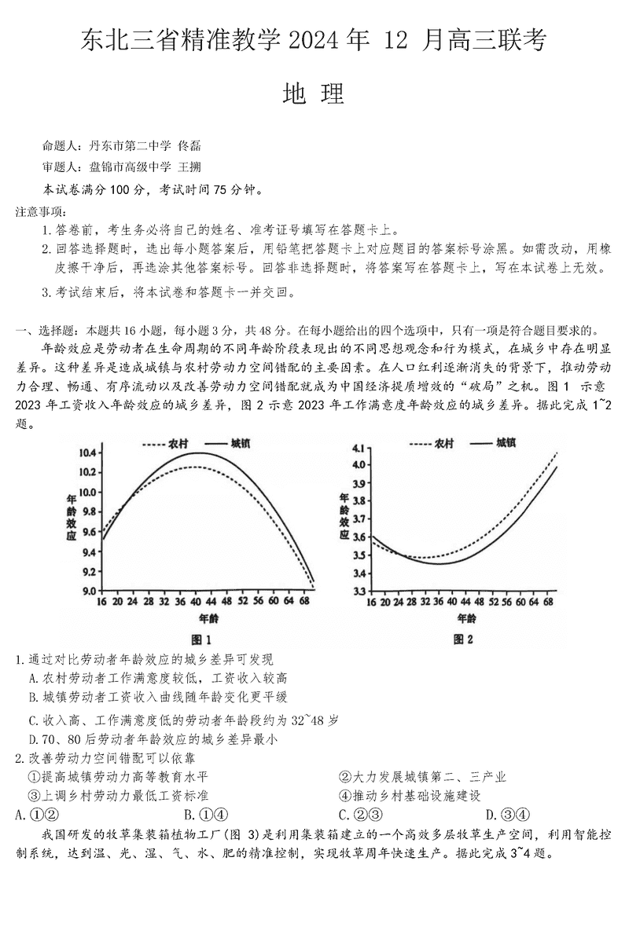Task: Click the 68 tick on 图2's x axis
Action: tap(550, 601)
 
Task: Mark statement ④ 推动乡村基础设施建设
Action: tap(410, 796)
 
